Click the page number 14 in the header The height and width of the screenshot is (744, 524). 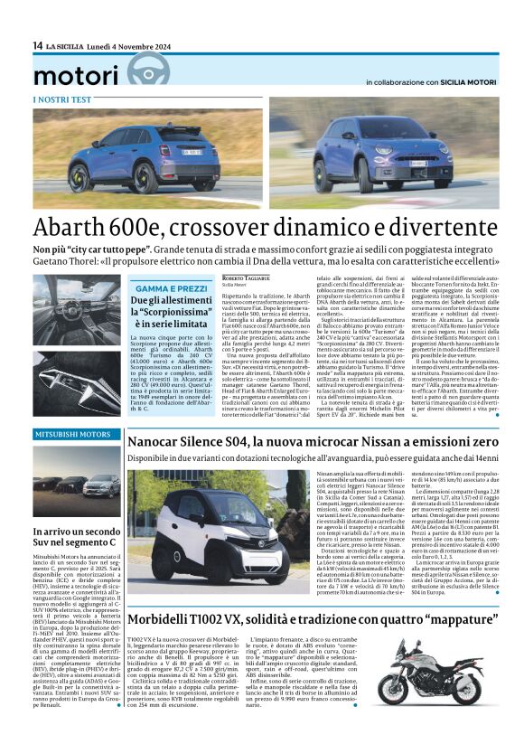[x=37, y=45]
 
